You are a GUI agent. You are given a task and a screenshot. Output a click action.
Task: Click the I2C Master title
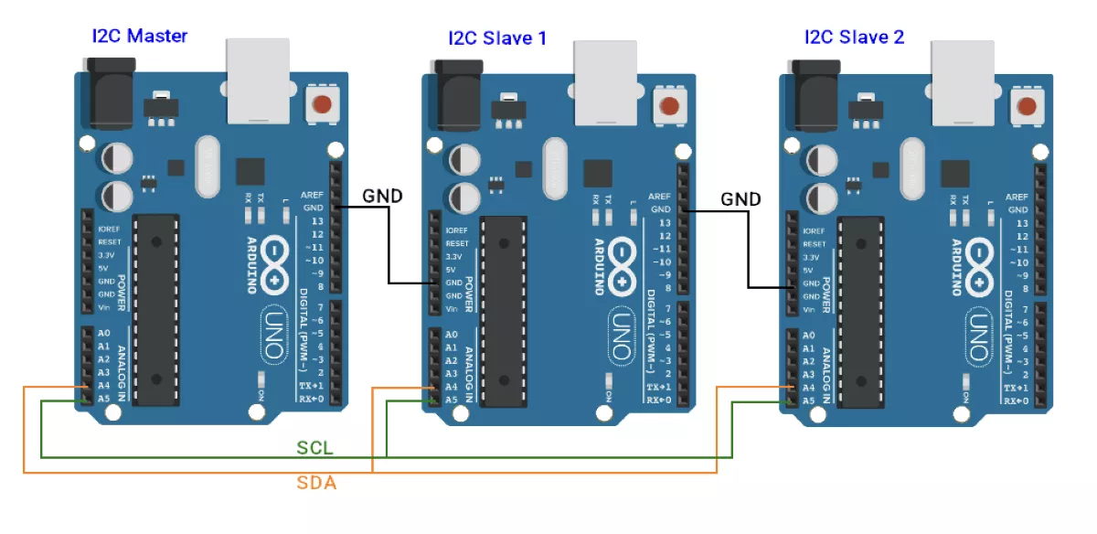point(139,37)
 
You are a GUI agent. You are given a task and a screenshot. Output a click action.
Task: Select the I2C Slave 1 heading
point(497,38)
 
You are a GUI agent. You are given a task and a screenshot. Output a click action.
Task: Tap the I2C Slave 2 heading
point(854,37)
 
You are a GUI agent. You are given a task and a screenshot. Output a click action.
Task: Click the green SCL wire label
point(315,448)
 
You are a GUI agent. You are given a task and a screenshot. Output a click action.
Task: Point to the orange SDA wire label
point(316,482)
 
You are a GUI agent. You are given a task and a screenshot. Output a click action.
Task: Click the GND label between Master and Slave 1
point(383,196)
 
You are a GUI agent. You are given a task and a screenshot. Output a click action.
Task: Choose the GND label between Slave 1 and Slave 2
point(740,198)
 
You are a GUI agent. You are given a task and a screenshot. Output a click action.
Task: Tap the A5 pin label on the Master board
point(103,399)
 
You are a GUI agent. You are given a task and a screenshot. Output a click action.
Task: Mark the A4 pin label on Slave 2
point(808,388)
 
